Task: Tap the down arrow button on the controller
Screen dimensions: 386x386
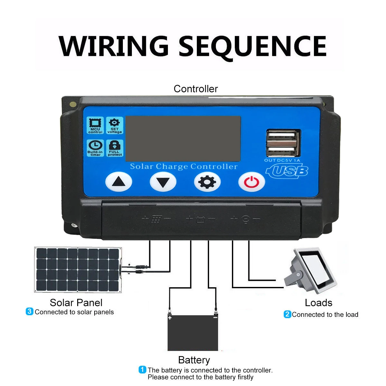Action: click(x=163, y=182)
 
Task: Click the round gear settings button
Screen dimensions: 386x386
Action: click(x=207, y=182)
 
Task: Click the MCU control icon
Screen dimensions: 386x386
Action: click(x=95, y=125)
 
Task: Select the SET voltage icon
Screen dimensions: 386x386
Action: click(x=115, y=125)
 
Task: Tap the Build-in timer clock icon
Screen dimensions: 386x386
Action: click(x=95, y=148)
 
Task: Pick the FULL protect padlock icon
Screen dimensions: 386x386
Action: click(x=115, y=148)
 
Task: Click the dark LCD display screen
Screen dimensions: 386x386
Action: click(x=183, y=139)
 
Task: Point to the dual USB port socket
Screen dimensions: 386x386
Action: click(x=283, y=143)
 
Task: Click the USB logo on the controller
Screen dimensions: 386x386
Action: click(x=287, y=171)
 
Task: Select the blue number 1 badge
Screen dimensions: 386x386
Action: click(x=142, y=370)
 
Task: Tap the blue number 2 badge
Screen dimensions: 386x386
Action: click(x=287, y=314)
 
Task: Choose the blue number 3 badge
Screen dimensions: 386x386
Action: click(x=30, y=311)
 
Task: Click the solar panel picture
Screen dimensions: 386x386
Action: click(x=78, y=270)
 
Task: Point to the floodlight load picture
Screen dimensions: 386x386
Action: click(x=310, y=271)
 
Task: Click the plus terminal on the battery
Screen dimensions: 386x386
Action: click(x=170, y=318)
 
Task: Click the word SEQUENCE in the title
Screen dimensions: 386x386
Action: click(x=253, y=46)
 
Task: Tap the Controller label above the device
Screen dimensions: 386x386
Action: click(x=196, y=89)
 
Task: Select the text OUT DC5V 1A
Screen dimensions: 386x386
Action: click(x=282, y=160)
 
